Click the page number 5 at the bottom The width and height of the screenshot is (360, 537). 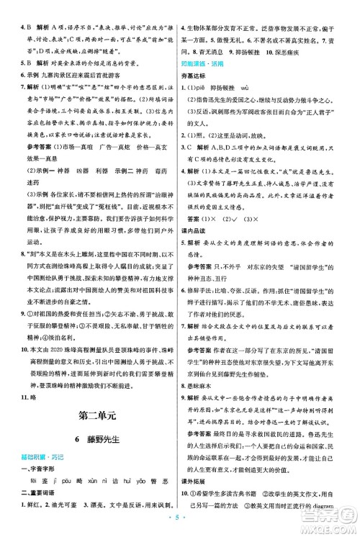pyautogui.click(x=179, y=525)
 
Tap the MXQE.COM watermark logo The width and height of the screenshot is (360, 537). pyautogui.click(x=328, y=518)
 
